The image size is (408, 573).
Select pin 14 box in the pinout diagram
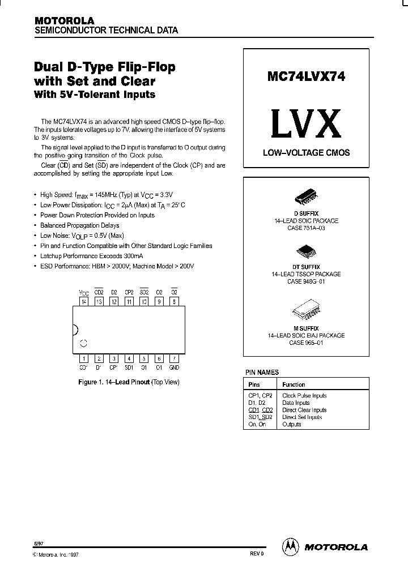click(x=84, y=301)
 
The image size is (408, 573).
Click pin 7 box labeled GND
click(x=174, y=358)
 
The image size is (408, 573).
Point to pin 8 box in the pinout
click(x=174, y=301)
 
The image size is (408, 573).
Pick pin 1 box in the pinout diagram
click(x=84, y=358)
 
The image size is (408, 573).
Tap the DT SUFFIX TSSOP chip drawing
click(x=306, y=252)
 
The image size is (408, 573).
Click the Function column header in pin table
click(x=294, y=384)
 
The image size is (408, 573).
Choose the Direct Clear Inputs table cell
click(x=304, y=410)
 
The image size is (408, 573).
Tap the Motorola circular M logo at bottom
click(x=290, y=547)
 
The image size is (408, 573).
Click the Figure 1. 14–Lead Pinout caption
click(x=128, y=382)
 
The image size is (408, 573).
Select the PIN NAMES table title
click(x=262, y=373)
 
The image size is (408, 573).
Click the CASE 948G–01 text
click(x=306, y=281)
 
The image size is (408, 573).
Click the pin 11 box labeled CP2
click(x=129, y=301)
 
